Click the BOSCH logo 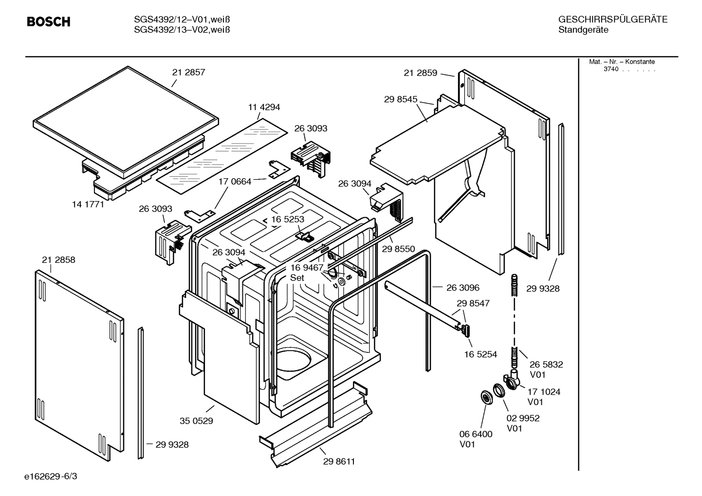(x=48, y=22)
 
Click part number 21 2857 (x=188, y=72)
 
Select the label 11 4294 (x=264, y=107)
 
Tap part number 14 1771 (x=88, y=204)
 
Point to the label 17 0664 (x=235, y=182)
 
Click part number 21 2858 (x=58, y=260)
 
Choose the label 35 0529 (x=196, y=421)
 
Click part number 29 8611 (x=339, y=461)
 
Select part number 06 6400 (x=476, y=434)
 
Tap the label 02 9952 (x=523, y=418)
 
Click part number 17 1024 (x=543, y=391)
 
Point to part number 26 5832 (x=546, y=364)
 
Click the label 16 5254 (x=480, y=354)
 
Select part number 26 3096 (x=462, y=288)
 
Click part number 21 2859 (x=421, y=73)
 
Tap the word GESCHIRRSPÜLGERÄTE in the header (x=612, y=19)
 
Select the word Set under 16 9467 (x=297, y=278)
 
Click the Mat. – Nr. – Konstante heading (x=622, y=62)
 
